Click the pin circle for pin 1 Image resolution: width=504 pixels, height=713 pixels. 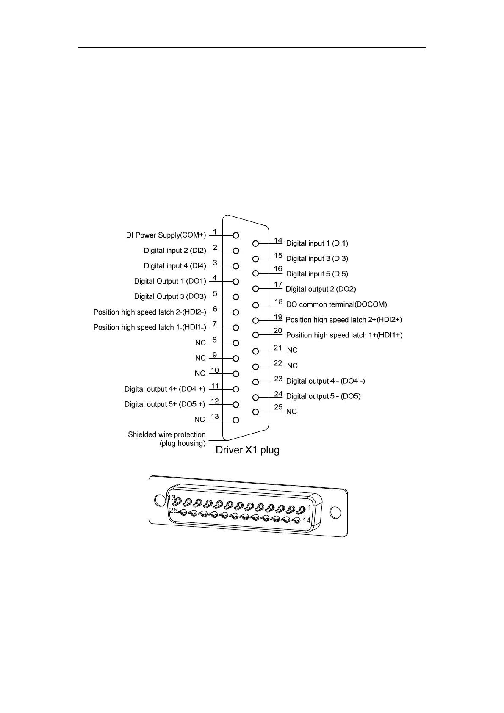[236, 235]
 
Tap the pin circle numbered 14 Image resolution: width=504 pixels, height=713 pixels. [255, 243]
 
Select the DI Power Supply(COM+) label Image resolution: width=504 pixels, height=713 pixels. [166, 235]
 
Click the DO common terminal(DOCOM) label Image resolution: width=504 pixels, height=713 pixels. [336, 304]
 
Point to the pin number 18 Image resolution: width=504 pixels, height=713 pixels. [278, 302]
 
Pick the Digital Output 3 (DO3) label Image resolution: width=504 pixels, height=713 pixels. [170, 297]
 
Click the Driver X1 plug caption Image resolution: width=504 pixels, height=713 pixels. [247, 450]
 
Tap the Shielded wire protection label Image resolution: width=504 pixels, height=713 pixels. [166, 435]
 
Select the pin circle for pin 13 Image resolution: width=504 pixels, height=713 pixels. [236, 420]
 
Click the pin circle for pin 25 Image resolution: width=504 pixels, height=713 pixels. [255, 412]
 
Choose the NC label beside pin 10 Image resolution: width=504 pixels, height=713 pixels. [200, 373]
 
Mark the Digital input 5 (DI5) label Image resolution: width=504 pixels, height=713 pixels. [317, 274]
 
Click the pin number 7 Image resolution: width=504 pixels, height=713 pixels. [215, 324]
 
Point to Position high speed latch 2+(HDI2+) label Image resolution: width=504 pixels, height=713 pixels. [344, 320]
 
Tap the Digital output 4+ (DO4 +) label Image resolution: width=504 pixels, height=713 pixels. [165, 389]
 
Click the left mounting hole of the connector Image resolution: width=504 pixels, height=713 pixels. [160, 500]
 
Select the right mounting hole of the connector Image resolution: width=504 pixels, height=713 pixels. [335, 513]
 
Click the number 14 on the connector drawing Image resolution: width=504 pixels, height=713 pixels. [307, 520]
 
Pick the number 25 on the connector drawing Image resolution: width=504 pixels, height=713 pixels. [173, 511]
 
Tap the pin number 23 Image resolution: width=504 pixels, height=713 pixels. [278, 379]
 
